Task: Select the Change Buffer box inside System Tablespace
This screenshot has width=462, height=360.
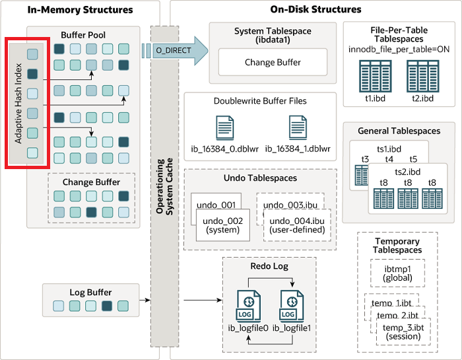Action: (273, 62)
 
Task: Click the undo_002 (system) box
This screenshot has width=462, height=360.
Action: (223, 225)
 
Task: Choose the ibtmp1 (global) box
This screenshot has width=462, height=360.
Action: (397, 272)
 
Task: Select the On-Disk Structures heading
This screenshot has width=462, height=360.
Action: (316, 10)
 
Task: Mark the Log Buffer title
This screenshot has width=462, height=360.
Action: (90, 292)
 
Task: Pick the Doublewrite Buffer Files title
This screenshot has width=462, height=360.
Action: (260, 101)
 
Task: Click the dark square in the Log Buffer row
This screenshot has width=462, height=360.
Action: (108, 305)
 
